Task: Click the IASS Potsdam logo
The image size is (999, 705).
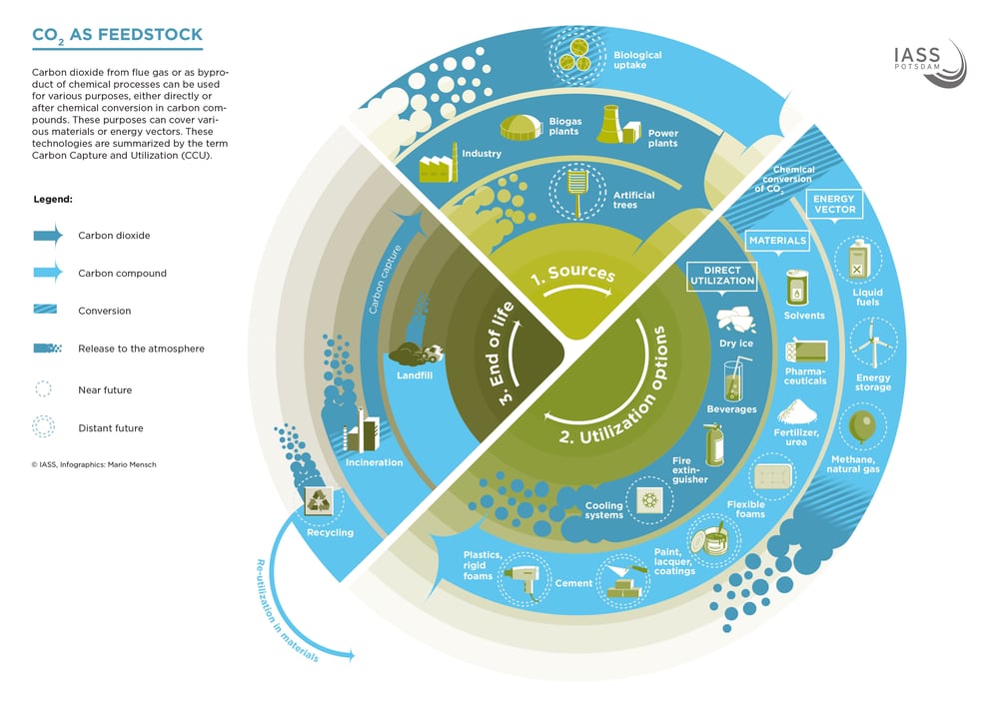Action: (x=929, y=63)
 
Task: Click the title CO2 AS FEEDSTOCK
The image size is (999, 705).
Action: (x=117, y=36)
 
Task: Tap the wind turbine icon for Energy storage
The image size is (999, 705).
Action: (x=873, y=344)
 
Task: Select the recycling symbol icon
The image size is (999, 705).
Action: (x=318, y=500)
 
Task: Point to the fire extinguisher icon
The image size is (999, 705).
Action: (x=715, y=444)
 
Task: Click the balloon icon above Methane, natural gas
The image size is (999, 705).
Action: (x=862, y=426)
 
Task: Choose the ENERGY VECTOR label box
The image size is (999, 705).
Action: (x=834, y=205)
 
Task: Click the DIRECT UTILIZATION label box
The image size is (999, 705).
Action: (x=722, y=276)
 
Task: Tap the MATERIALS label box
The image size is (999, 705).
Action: (x=777, y=241)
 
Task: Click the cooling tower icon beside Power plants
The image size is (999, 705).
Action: (x=609, y=124)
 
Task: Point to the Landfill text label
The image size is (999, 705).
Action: (x=415, y=375)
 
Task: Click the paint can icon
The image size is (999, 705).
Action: (x=713, y=540)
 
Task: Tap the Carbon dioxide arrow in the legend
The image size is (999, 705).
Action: (x=48, y=236)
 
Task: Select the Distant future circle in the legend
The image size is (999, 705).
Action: (x=43, y=427)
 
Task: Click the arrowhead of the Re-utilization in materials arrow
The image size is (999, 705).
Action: (x=350, y=654)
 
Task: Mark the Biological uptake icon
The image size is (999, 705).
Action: (x=576, y=55)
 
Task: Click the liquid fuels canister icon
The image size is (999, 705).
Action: (x=858, y=261)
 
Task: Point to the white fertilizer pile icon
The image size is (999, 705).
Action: (x=796, y=412)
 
